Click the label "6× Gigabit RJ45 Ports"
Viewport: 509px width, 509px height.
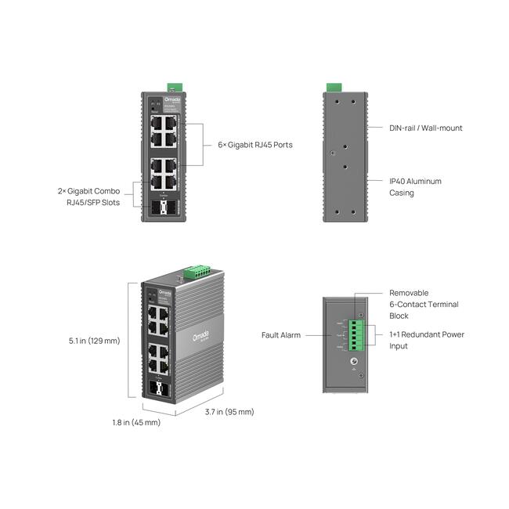tap(254, 145)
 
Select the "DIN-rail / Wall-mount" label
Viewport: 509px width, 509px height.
tap(426, 128)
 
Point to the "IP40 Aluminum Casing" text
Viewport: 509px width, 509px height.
tap(415, 186)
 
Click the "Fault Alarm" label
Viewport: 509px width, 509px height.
tap(281, 335)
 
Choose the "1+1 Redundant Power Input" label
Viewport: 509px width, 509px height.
tap(427, 340)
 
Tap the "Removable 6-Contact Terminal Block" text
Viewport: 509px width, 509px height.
tap(424, 304)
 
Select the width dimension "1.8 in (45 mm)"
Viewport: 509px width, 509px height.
tap(135, 422)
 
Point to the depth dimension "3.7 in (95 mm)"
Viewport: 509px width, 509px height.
tap(229, 412)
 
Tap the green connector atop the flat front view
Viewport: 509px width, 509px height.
tap(174, 86)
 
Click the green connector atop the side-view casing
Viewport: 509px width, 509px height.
tap(334, 86)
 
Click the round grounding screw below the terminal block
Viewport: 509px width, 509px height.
tap(353, 363)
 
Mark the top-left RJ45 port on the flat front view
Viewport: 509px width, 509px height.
tap(157, 123)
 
